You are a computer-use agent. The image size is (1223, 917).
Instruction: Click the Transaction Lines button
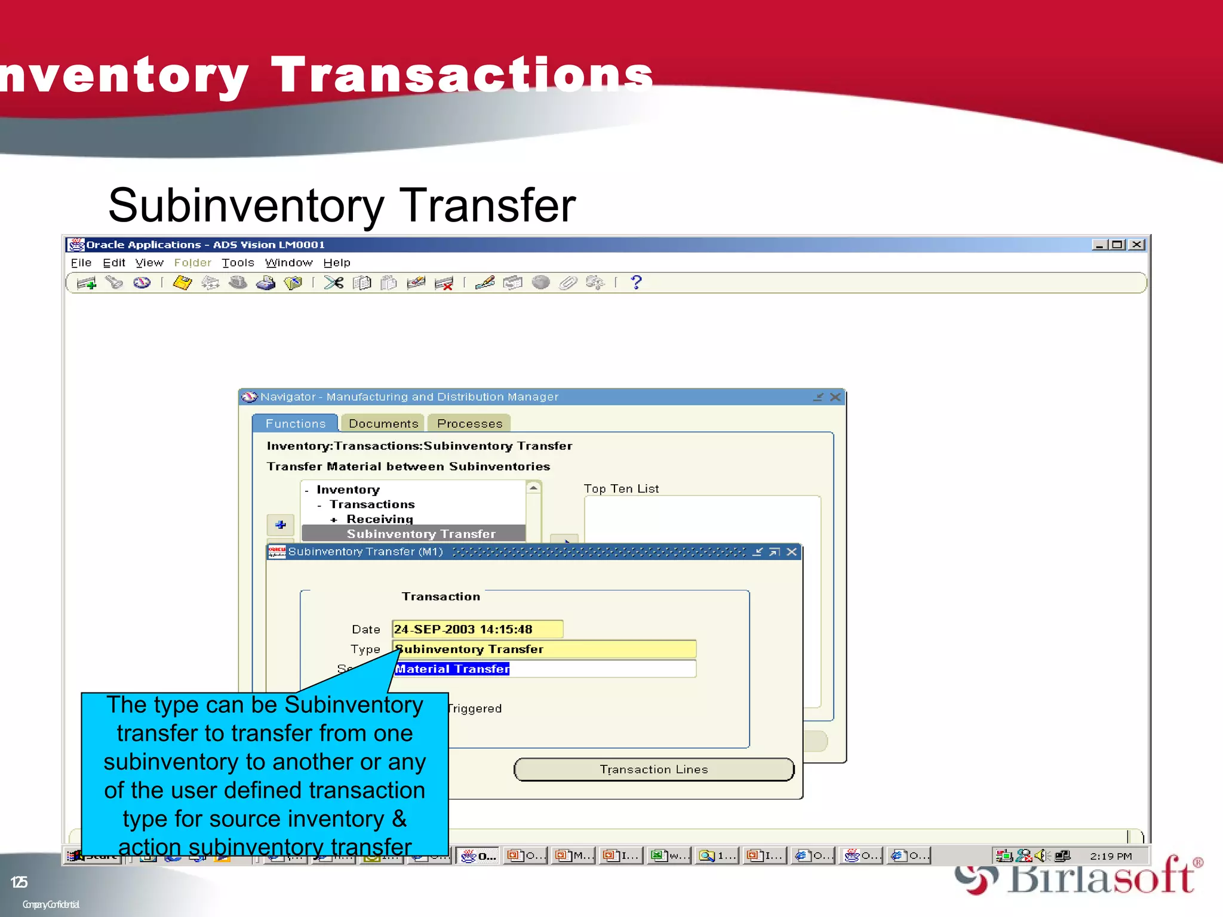653,770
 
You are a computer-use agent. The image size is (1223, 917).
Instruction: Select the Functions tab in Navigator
295,423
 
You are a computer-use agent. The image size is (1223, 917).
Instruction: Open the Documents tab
383,423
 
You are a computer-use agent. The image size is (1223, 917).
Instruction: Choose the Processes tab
469,423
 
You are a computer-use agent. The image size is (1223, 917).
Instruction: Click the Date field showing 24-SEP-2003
477,629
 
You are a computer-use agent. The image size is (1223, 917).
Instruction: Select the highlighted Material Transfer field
452,669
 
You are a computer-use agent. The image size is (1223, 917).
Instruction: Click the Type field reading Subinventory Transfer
543,649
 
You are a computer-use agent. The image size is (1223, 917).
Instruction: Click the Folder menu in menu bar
192,263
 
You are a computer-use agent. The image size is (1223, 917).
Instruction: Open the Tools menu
238,263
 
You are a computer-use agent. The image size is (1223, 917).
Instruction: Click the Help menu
337,263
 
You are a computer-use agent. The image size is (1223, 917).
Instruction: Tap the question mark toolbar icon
637,282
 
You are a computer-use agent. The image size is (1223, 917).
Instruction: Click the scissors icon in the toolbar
334,282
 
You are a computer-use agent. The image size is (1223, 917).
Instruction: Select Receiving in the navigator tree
380,519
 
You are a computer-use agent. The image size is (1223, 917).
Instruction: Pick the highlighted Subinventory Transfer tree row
420,534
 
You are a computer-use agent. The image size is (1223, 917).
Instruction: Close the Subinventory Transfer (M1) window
792,552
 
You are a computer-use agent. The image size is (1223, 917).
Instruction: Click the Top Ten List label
621,488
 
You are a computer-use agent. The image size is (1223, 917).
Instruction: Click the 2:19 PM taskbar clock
1110,856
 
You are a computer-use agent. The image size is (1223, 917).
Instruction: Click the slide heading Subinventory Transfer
342,205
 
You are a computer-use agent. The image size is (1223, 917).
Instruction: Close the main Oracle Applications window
1137,245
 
